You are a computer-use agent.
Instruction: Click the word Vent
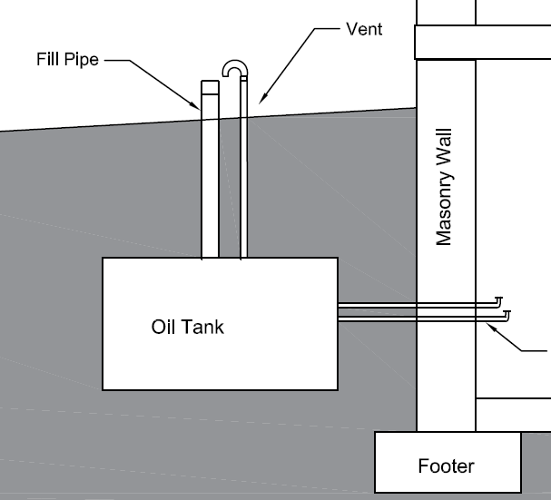coord(365,29)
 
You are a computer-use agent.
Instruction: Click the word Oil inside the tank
coord(163,327)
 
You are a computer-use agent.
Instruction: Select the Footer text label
coord(446,466)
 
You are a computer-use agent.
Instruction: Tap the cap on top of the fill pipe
coord(210,88)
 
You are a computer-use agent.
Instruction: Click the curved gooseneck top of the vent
coord(234,68)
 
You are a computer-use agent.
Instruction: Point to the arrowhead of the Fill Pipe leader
coord(199,108)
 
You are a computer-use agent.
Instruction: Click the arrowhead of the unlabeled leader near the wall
coord(487,324)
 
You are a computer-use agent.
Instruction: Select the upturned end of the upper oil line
coord(498,300)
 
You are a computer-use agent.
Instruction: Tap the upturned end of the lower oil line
coord(507,314)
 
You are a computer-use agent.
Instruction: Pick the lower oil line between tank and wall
coord(377,319)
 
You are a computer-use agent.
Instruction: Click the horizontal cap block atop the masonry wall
coord(482,42)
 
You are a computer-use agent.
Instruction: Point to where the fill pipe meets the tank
coord(210,257)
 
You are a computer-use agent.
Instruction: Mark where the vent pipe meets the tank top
coord(242,257)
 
